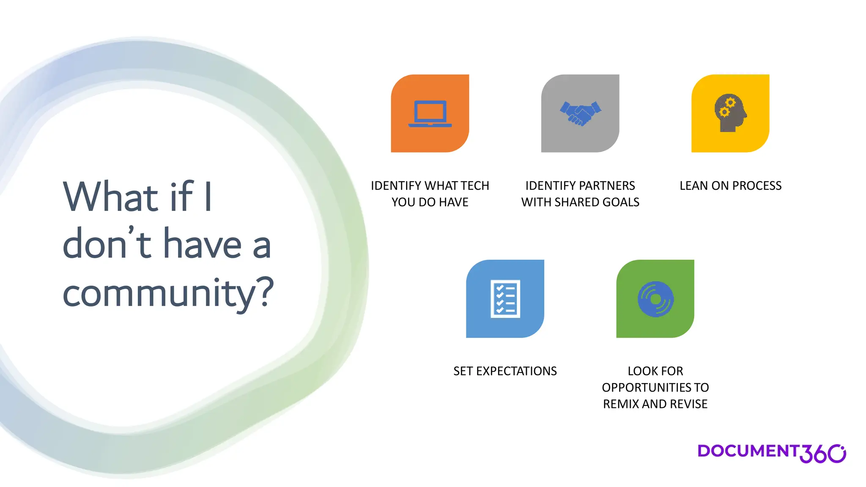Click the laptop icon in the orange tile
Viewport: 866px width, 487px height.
tap(430, 114)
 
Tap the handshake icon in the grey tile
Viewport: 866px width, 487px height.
tap(580, 113)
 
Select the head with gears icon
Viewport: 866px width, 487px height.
tap(730, 113)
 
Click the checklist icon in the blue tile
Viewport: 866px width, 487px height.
tap(505, 298)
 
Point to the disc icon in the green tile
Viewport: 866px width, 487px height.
tap(655, 299)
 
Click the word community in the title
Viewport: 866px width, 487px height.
tap(159, 293)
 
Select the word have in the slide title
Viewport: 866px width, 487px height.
tap(203, 245)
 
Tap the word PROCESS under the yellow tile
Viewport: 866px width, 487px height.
tap(757, 186)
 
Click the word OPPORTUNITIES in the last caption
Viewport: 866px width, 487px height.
tap(647, 388)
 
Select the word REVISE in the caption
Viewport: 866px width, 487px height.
tap(689, 404)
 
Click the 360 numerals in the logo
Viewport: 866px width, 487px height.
tap(822, 454)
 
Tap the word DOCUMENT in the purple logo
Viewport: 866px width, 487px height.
tap(748, 451)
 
